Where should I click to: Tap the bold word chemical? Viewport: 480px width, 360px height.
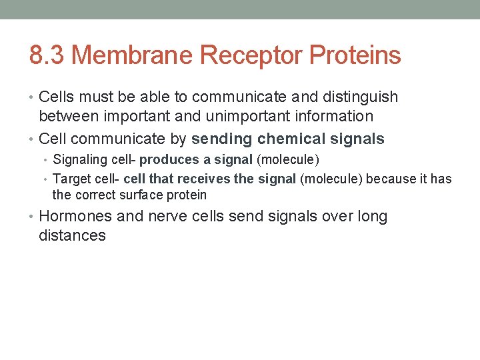[290, 139]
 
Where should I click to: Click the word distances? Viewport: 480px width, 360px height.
[72, 235]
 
